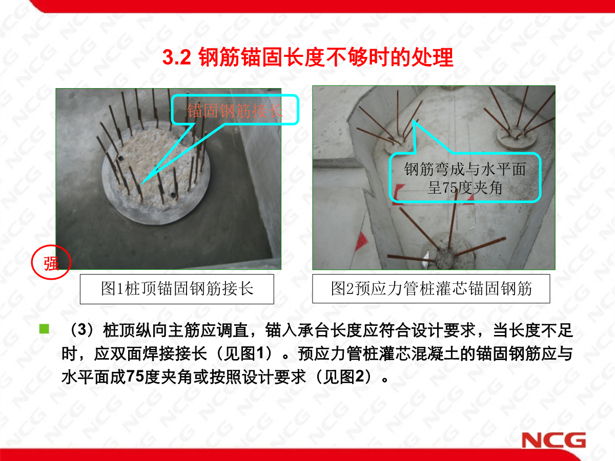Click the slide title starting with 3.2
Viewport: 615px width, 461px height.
point(307,57)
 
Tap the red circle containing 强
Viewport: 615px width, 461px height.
point(51,264)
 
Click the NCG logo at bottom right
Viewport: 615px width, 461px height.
point(553,440)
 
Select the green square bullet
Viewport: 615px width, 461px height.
point(44,329)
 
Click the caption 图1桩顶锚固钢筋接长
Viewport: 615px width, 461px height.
point(177,289)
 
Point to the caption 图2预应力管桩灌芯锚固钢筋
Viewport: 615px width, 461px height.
point(431,289)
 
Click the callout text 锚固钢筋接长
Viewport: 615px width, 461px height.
point(235,111)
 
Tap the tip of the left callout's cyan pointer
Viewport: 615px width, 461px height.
point(140,183)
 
